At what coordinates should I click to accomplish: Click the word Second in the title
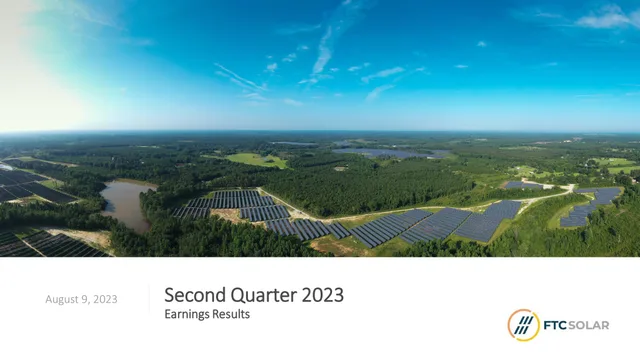point(195,295)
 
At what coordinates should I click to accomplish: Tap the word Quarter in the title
point(264,295)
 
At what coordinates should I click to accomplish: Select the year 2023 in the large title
point(323,295)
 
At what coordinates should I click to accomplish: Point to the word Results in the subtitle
point(230,314)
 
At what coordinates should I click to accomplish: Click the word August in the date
point(62,300)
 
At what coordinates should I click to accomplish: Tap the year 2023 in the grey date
point(105,299)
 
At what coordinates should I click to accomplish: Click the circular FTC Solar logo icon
point(524,325)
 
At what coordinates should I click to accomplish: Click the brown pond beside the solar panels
point(127,204)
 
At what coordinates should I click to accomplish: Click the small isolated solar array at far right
point(591,207)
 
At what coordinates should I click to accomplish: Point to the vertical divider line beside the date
point(149,299)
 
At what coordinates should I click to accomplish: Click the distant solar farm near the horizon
point(388,153)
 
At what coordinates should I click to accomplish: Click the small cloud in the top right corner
point(607,18)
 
